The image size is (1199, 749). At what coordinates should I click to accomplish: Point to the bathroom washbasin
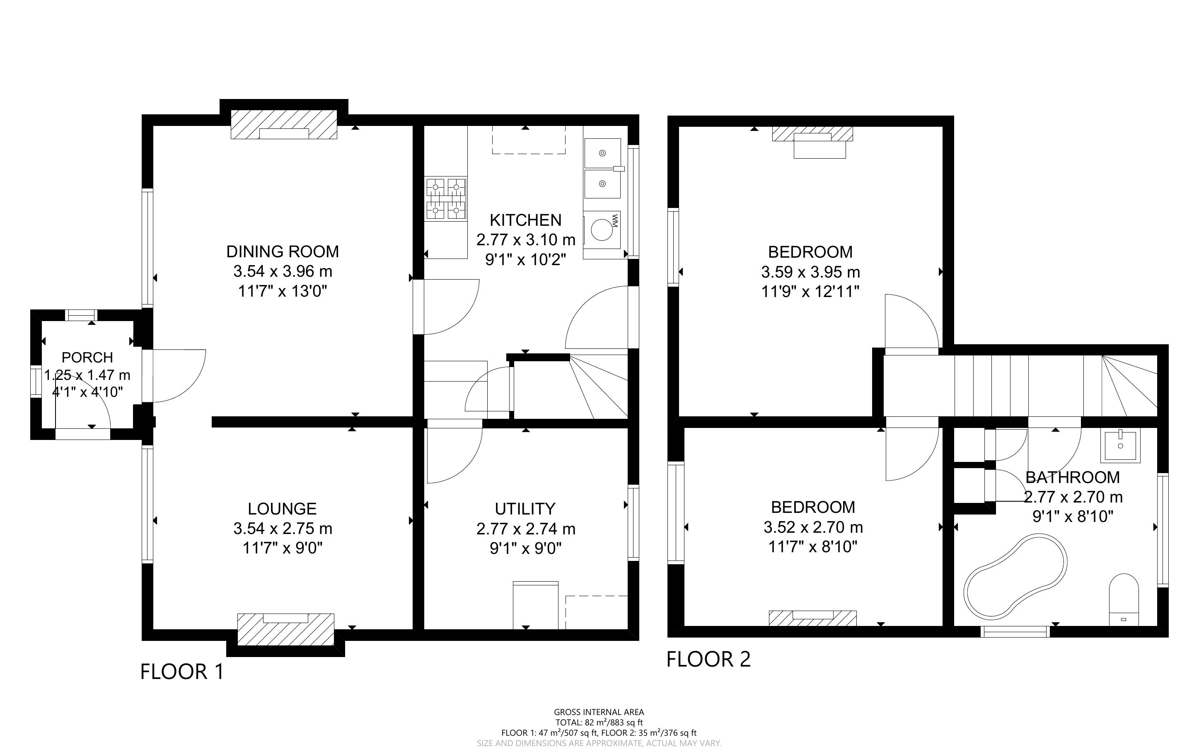point(1120,445)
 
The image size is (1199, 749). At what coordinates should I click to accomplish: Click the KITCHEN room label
point(525,220)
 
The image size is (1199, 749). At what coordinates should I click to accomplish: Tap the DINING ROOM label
point(283,251)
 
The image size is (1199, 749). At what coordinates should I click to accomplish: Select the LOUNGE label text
point(282,509)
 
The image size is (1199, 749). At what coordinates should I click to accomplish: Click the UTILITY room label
point(525,509)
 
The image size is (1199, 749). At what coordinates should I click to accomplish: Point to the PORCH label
point(87,357)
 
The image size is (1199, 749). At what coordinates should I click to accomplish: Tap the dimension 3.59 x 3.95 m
point(810,272)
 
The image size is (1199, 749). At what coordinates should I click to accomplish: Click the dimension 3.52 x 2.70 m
point(813,527)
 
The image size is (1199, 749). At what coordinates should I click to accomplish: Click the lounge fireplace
point(286,629)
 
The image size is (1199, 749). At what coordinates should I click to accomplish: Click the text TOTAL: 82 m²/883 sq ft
point(599,722)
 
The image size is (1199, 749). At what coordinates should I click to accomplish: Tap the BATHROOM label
point(1072,477)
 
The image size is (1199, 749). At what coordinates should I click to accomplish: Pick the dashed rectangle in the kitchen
point(528,140)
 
